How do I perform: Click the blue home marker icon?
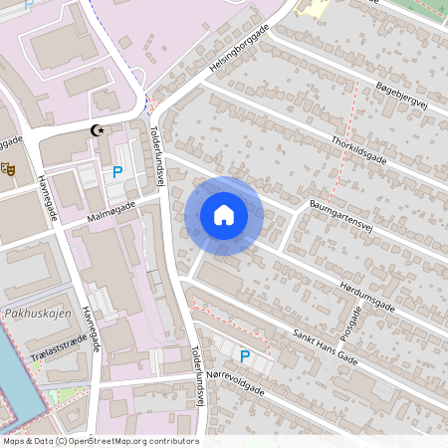[x=223, y=215]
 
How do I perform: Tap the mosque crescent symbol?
[x=98, y=129]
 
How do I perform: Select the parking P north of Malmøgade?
[x=117, y=172]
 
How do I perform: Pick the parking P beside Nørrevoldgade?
[x=245, y=356]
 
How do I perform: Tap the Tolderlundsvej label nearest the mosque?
[x=156, y=155]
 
